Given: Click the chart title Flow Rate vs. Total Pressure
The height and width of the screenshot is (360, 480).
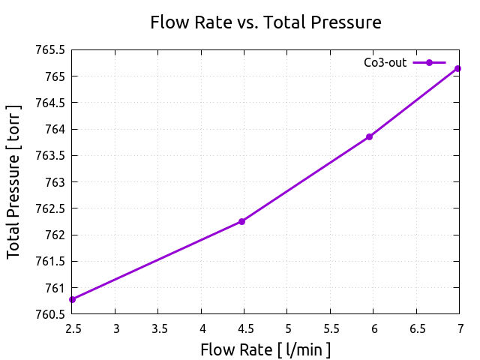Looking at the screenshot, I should [265, 22].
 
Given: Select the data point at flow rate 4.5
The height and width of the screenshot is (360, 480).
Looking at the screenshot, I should [241, 221].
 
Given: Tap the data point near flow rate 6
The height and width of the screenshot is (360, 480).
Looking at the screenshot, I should [369, 136].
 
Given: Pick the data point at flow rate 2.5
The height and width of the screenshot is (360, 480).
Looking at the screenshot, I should [73, 299].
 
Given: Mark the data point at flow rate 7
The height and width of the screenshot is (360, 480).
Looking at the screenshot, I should [457, 68].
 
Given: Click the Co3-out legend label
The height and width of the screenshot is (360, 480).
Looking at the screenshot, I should [385, 63].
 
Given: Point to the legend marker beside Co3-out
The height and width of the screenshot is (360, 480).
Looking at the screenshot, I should [429, 63].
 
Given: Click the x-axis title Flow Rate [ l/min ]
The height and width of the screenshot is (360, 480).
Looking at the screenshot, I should [265, 349].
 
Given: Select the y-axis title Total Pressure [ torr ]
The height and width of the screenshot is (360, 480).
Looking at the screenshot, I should [14, 182].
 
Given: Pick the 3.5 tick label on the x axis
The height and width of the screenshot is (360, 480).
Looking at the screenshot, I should [159, 328].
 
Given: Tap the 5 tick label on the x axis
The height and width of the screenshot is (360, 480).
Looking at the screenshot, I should [288, 328].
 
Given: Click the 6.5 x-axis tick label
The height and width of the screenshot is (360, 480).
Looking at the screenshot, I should [417, 328].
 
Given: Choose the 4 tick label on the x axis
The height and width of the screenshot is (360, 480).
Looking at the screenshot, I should [202, 328].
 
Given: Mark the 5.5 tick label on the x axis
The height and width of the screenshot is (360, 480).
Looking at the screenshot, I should [331, 328].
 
